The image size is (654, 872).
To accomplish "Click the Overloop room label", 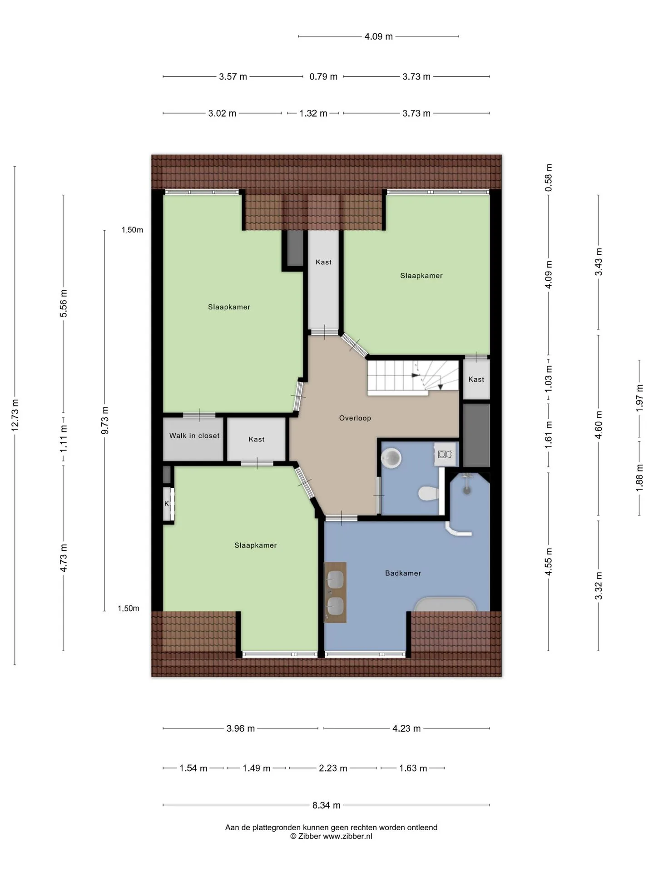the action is pos(355,418).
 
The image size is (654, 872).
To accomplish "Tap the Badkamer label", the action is pos(403,573).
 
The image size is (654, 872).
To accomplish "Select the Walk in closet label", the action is pos(194,436).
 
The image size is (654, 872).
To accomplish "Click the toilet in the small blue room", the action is pos(428,494).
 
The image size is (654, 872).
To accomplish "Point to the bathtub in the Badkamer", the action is pos(445,604).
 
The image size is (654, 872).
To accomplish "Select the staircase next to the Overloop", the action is pos(413,377).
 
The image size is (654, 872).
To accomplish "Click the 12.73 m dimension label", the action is pos(15,415).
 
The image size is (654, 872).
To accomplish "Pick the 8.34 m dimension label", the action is pos(326,805).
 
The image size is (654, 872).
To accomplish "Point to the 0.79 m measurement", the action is pos(323,77).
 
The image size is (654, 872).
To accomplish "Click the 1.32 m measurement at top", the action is pos(313,114).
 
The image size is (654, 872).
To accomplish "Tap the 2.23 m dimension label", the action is pos(333,768).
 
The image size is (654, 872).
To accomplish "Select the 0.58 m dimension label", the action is pos(549,177).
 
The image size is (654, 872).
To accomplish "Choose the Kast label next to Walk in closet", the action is pos(256,439).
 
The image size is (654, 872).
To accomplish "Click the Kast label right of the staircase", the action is pos(476,379).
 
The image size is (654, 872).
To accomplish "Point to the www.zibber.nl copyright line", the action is pos(331,836).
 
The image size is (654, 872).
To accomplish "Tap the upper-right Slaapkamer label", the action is pos(421,276).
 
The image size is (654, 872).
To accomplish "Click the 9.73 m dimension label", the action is pos(105,420).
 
